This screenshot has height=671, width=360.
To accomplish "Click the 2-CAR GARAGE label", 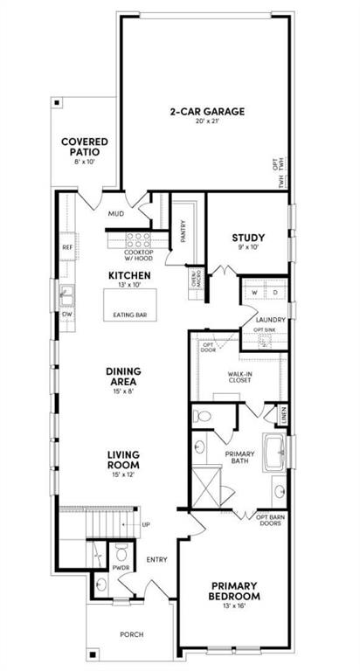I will point(206,112).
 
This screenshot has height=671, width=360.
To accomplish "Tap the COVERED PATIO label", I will point(84,148).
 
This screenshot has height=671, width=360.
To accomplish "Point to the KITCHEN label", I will point(129,276).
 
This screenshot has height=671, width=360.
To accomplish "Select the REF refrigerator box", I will point(67,247).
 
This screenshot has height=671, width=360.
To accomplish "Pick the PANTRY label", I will point(183,231).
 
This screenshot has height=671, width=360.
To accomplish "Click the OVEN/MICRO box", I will point(196,280).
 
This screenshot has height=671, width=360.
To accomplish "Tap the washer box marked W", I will point(253,292).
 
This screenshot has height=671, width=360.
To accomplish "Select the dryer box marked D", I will point(274,292).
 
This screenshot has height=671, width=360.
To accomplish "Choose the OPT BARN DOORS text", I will point(271,521).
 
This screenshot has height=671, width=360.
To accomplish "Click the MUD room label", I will point(116,212).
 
